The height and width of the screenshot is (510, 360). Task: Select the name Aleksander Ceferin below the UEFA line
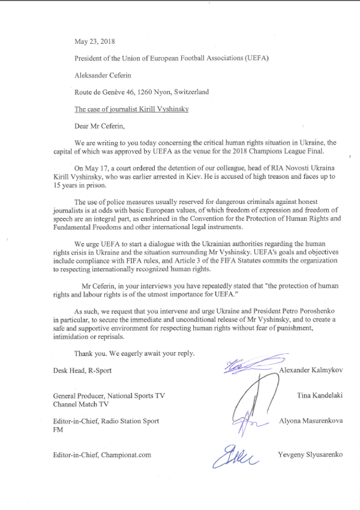coord(101,76)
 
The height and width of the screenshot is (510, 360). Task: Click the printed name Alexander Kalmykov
coord(311,370)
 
